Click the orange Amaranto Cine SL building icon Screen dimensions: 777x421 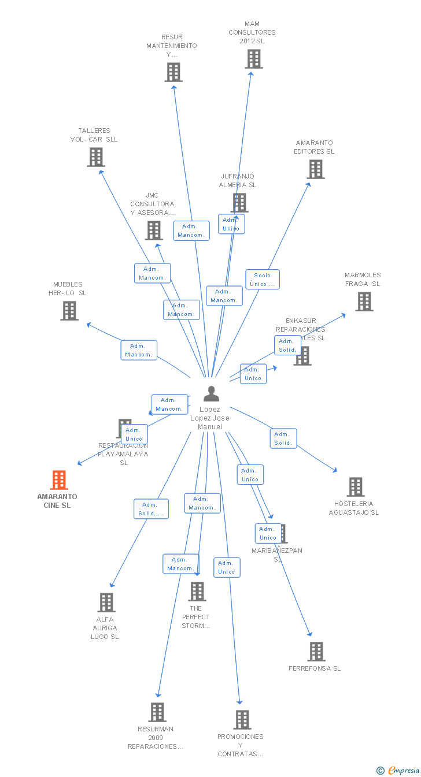point(59,480)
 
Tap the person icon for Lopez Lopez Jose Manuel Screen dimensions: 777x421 point(212,394)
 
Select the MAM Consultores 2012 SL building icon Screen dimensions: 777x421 point(253,59)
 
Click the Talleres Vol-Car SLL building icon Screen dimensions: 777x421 point(96,157)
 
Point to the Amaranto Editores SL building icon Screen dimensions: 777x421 point(316,169)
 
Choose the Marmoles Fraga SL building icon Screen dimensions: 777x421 point(364,302)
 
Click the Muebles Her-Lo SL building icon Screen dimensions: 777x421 point(69,311)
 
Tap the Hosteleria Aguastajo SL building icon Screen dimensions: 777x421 point(356,487)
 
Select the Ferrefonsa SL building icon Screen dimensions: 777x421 point(316,652)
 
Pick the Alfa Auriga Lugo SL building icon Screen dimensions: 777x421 point(106,603)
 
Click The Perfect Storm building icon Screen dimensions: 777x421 point(197,592)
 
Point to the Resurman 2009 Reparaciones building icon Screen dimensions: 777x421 point(157,712)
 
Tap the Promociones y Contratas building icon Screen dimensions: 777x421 point(242,720)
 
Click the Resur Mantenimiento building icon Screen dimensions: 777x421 point(173,72)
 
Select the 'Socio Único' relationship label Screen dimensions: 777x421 point(263,280)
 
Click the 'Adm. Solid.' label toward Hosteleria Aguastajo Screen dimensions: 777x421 point(283,438)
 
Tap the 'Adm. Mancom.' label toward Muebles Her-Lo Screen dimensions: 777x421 point(139,350)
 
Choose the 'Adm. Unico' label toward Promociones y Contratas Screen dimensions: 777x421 point(227,567)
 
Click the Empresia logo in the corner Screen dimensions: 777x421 point(398,770)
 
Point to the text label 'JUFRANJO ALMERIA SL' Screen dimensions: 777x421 point(237,181)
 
